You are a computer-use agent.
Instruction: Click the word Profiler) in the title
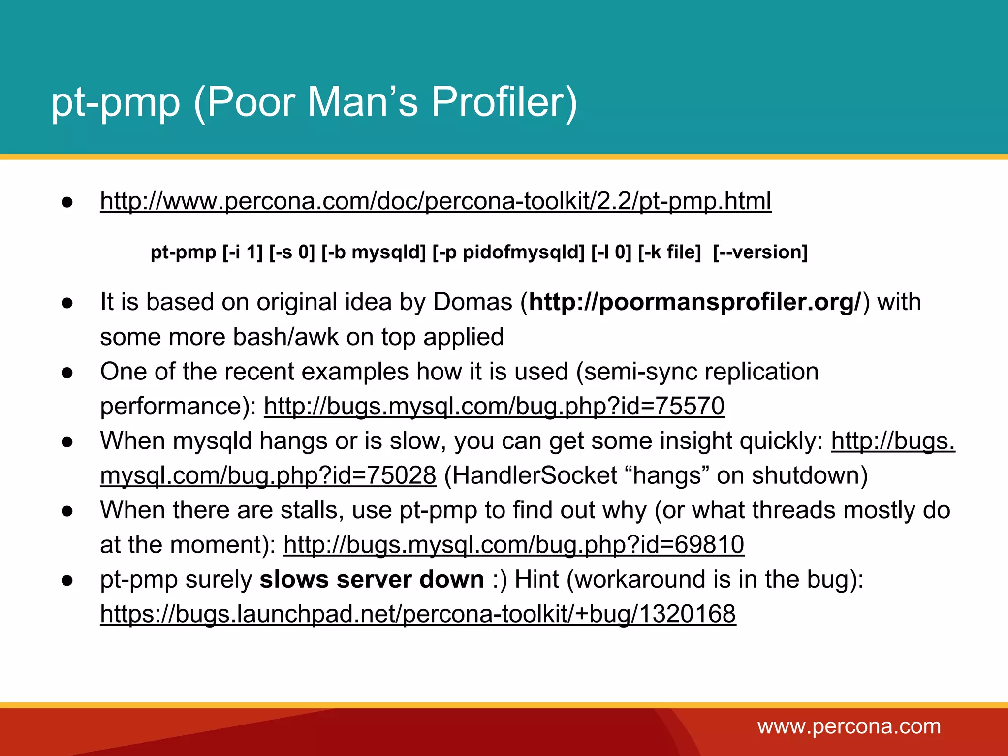tap(504, 102)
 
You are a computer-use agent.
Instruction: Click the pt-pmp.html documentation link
tap(436, 201)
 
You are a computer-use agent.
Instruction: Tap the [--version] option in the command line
tap(760, 252)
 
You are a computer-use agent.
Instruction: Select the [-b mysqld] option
tap(374, 252)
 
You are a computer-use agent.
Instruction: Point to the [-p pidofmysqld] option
tap(508, 252)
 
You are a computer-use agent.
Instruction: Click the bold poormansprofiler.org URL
tap(694, 302)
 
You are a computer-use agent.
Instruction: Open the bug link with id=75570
tap(494, 407)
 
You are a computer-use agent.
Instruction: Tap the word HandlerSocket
tap(531, 476)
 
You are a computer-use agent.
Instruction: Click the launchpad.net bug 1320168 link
tap(418, 615)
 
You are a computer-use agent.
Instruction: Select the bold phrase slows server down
tap(372, 580)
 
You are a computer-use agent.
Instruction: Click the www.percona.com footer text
tap(849, 726)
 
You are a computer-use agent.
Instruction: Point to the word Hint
tap(536, 580)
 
